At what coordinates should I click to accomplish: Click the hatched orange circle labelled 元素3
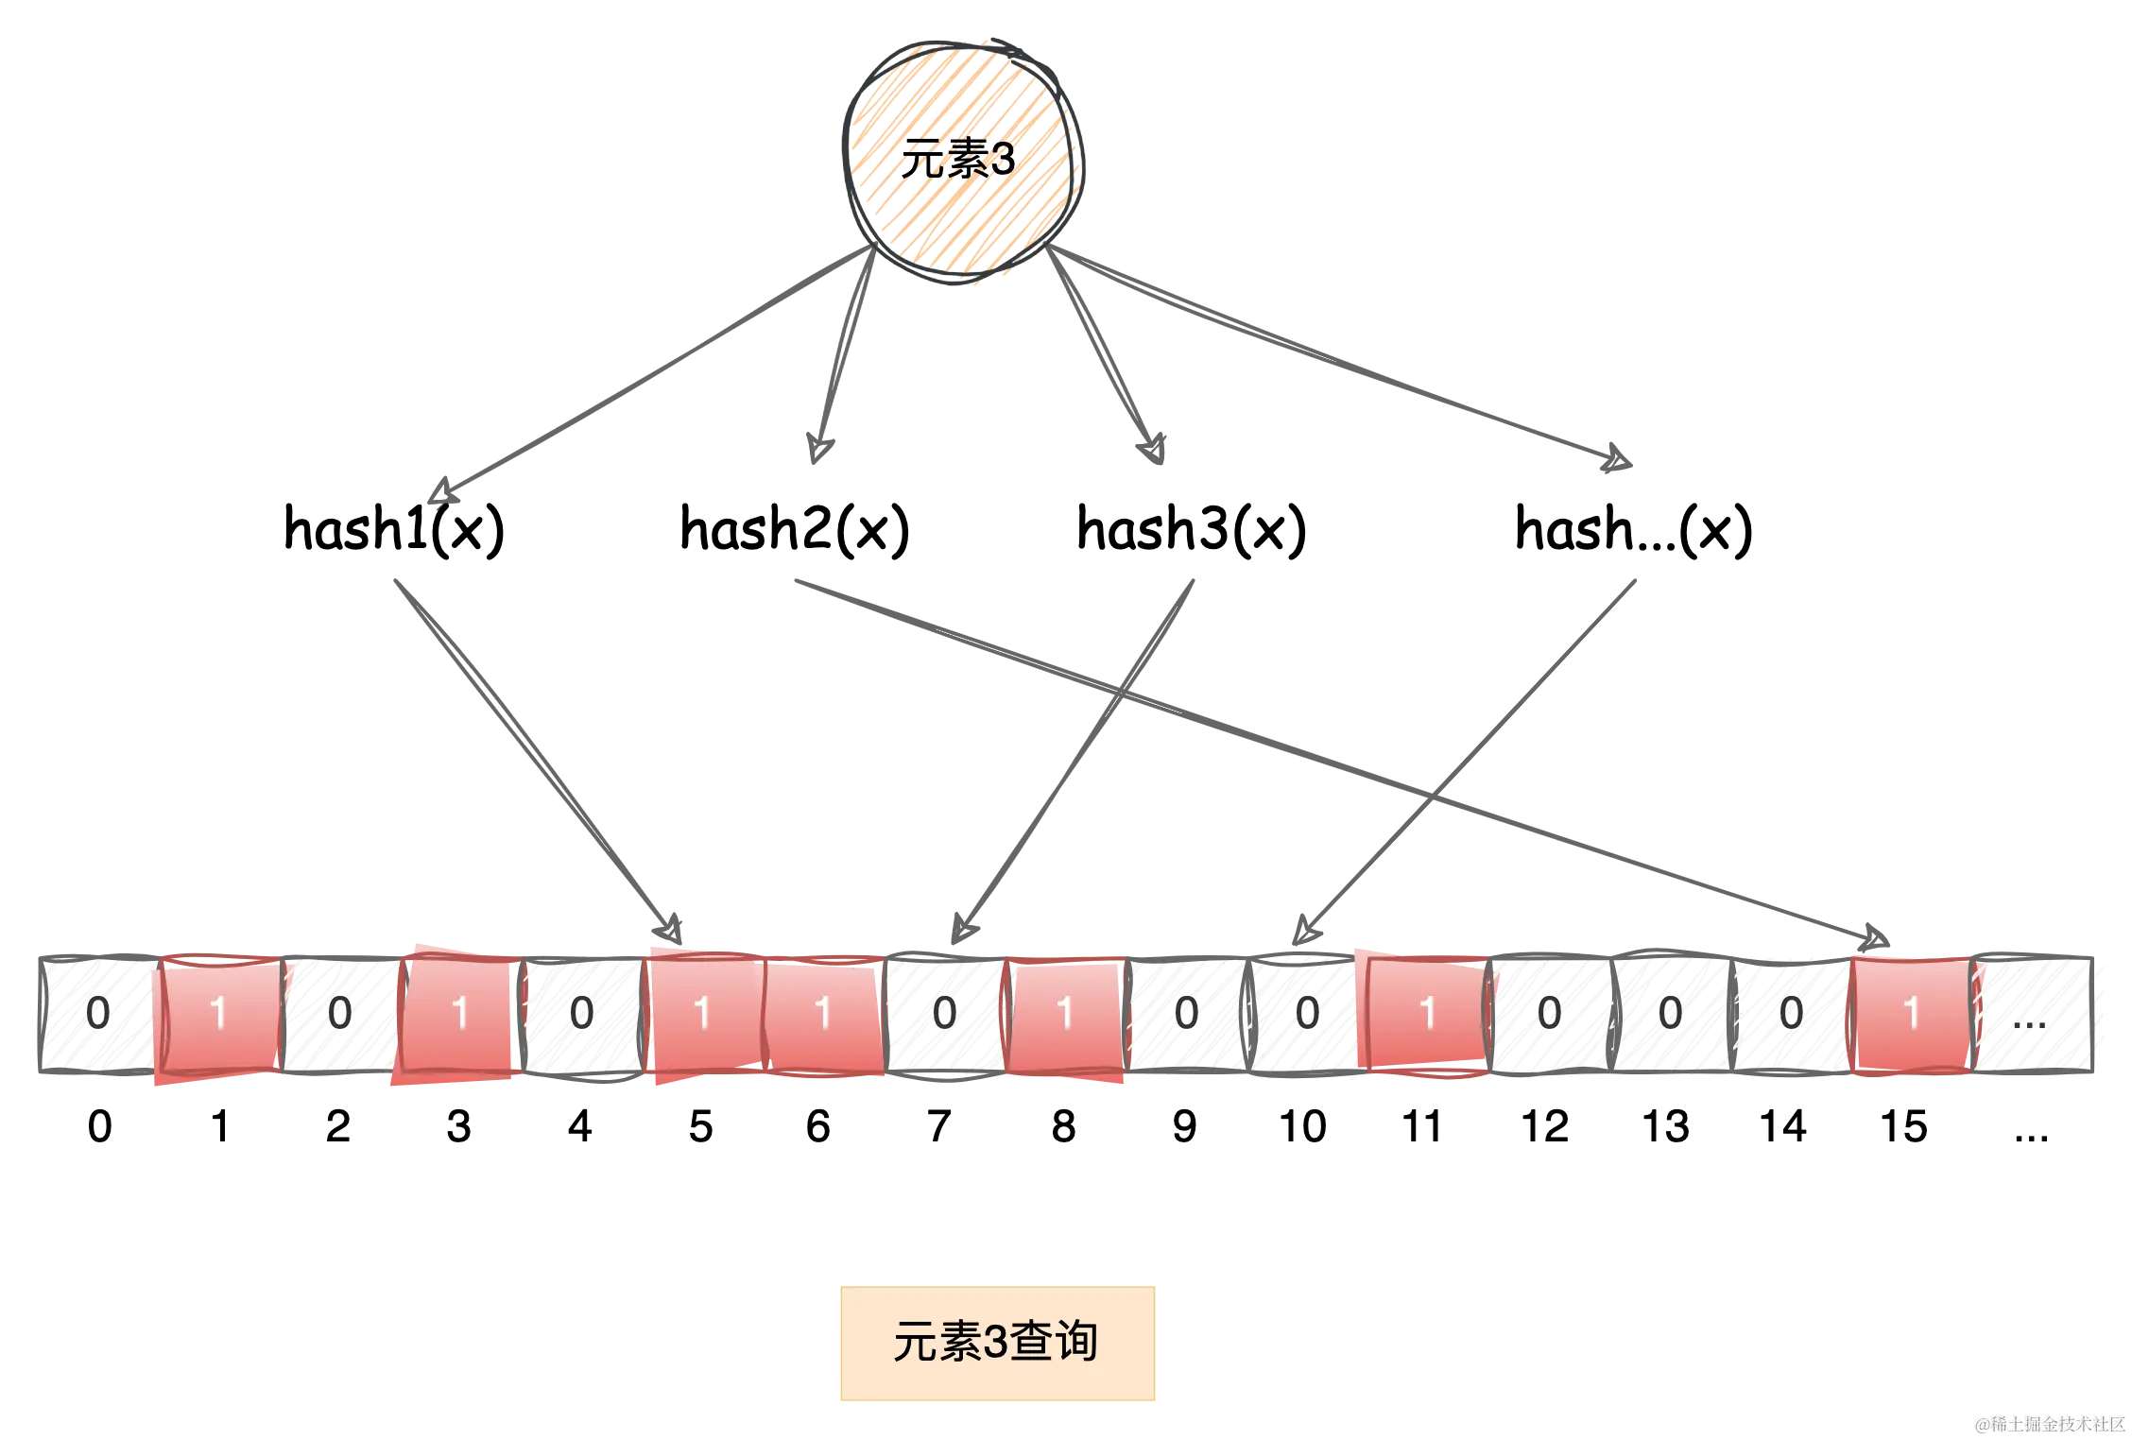(959, 159)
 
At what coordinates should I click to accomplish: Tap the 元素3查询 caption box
(997, 1343)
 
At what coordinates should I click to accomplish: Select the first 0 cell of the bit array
(97, 1014)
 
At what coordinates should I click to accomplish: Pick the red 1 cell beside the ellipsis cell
(1911, 1014)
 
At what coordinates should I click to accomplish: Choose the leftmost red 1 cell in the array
(219, 1014)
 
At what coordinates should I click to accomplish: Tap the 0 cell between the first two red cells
(339, 1014)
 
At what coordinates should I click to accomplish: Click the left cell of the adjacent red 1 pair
(702, 1014)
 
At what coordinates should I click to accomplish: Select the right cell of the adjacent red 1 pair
(823, 1014)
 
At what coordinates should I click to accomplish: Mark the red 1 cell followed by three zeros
(1427, 1014)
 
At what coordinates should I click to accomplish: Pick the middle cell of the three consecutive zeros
(1669, 1014)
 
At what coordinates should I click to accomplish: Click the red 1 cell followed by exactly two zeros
(1064, 1014)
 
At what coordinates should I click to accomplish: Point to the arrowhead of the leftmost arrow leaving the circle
(440, 493)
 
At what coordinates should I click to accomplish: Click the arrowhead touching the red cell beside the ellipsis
(1876, 940)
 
